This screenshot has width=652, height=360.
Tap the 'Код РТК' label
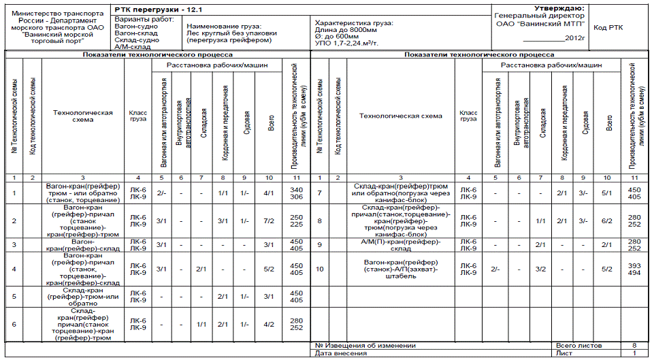[608, 28]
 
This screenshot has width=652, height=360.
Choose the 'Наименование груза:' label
[221, 24]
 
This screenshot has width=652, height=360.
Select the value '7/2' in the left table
[270, 220]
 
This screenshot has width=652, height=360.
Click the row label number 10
[320, 269]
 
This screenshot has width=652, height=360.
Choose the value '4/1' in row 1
[270, 193]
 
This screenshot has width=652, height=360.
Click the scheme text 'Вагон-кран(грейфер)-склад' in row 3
[83, 245]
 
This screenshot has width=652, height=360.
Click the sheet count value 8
[634, 346]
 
